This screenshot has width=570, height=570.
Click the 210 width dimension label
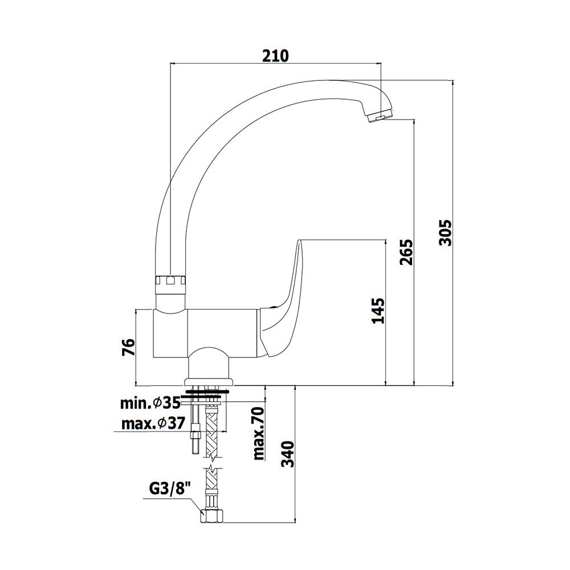tap(275, 55)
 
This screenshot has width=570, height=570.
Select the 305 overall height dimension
tap(445, 233)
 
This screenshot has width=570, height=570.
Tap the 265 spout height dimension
tap(406, 252)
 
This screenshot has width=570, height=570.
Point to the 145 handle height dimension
tap(378, 311)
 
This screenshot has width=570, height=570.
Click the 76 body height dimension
tap(128, 347)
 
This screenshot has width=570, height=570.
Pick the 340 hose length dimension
tap(287, 454)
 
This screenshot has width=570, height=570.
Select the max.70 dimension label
tap(259, 434)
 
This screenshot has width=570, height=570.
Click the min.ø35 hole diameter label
tap(150, 403)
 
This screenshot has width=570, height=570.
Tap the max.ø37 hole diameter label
tap(153, 424)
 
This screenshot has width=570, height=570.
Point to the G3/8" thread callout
tap(170, 488)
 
